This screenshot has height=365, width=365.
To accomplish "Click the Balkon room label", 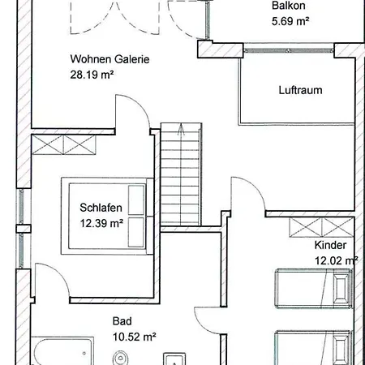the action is coord(289,6).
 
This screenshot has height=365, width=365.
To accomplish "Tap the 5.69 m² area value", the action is coord(290,21).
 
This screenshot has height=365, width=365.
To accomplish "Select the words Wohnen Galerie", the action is coord(109,59).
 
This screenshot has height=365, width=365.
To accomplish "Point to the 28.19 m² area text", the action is coord(92,75).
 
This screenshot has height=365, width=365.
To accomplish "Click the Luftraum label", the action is coord(300,90).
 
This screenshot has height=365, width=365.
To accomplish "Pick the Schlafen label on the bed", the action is coord(101,208).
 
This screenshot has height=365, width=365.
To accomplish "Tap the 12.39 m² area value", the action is coord(101,223).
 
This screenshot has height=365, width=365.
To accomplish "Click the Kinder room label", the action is coord(330,245).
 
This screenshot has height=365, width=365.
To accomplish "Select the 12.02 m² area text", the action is coord(337,260).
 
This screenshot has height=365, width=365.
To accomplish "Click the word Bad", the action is coord(122,321).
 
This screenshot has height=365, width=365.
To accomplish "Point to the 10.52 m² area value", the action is coord(135,337).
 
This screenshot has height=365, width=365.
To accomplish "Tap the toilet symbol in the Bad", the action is coord(120,358).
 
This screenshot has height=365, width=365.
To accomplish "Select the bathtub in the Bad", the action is coord(62,351).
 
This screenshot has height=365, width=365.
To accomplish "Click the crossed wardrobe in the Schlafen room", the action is coord(64,144).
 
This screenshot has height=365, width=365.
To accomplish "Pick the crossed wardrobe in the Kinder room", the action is coord(321,228).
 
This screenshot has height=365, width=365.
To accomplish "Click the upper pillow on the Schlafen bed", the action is coord(136,200).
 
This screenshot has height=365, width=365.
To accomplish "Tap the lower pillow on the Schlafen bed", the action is coord(136,232).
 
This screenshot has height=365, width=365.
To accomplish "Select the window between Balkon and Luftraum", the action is coord(289,50).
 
